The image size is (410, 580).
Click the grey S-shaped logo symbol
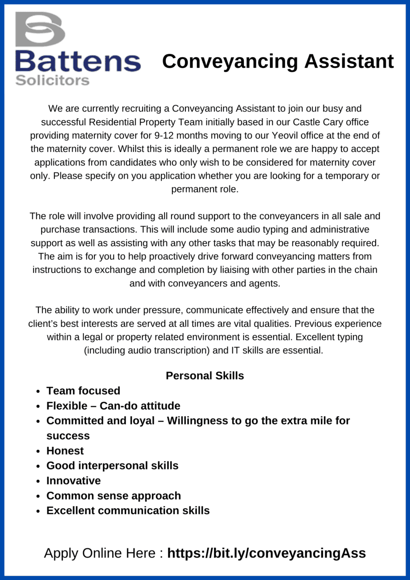40,29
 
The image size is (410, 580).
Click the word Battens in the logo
78,61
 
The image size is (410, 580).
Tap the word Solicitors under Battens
52,81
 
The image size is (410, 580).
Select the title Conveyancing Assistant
278,61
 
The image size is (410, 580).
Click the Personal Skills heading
205,375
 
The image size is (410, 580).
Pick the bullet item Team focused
83,391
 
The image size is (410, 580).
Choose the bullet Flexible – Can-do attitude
113,406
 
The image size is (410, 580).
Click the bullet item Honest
65,451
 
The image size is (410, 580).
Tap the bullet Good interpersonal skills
112,465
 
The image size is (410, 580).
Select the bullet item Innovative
74,481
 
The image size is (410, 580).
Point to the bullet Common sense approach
114,496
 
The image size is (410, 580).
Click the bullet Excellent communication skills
128,510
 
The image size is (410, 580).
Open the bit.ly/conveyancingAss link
266,553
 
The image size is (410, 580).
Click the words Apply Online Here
100,553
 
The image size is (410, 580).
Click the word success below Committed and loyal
68,436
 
